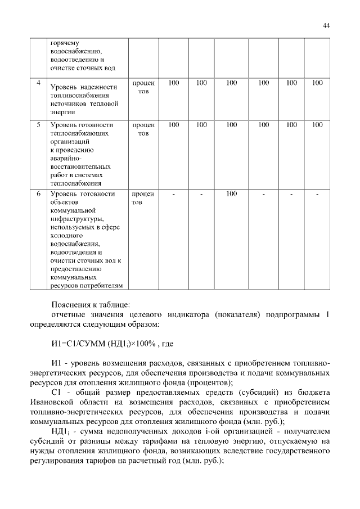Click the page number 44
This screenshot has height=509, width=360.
point(326,25)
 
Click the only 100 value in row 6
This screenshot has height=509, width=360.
point(231,194)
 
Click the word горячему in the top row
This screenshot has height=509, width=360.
point(66,43)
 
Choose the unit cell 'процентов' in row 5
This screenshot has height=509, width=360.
point(143,129)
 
